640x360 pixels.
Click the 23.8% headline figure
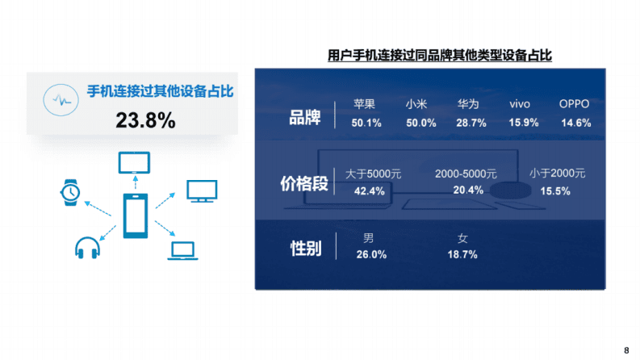tap(145, 121)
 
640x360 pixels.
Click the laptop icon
tap(182, 251)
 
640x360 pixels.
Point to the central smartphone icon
tap(134, 216)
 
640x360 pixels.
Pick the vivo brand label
tap(520, 104)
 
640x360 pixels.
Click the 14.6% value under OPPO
tap(575, 123)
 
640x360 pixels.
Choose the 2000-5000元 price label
tap(466, 174)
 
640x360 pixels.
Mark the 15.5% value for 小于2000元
tap(555, 191)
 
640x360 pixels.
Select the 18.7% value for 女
tap(462, 255)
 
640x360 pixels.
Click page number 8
tap(626, 350)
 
